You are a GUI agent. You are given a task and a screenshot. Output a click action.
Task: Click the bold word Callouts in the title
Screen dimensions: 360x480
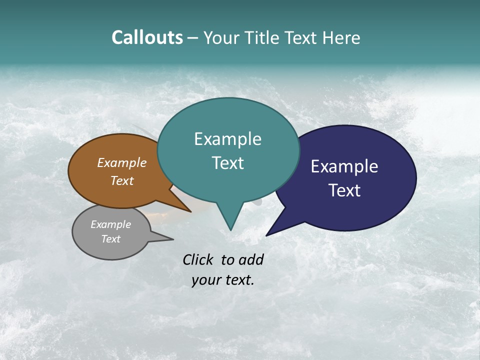pyautogui.click(x=147, y=37)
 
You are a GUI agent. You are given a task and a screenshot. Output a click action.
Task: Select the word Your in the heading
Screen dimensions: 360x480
pyautogui.click(x=222, y=38)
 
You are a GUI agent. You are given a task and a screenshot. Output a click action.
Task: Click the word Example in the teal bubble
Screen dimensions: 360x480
pyautogui.click(x=227, y=139)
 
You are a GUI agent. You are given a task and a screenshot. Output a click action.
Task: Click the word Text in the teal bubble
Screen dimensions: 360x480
pyautogui.click(x=227, y=163)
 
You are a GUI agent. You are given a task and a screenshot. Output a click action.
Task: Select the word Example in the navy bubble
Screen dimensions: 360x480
pyautogui.click(x=344, y=166)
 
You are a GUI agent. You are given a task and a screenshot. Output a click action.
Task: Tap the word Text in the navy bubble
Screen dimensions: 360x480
pyautogui.click(x=344, y=190)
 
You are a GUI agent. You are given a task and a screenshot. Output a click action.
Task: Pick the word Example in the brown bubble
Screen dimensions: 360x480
pyautogui.click(x=121, y=163)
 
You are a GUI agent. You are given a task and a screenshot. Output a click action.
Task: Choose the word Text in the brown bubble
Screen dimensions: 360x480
pyautogui.click(x=121, y=181)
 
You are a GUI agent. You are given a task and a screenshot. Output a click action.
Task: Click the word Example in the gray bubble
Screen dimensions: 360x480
pyautogui.click(x=110, y=224)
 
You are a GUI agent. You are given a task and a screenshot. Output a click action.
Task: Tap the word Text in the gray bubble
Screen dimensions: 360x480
pyautogui.click(x=110, y=239)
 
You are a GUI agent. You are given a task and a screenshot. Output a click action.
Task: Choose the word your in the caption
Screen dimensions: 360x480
pyautogui.click(x=205, y=280)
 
